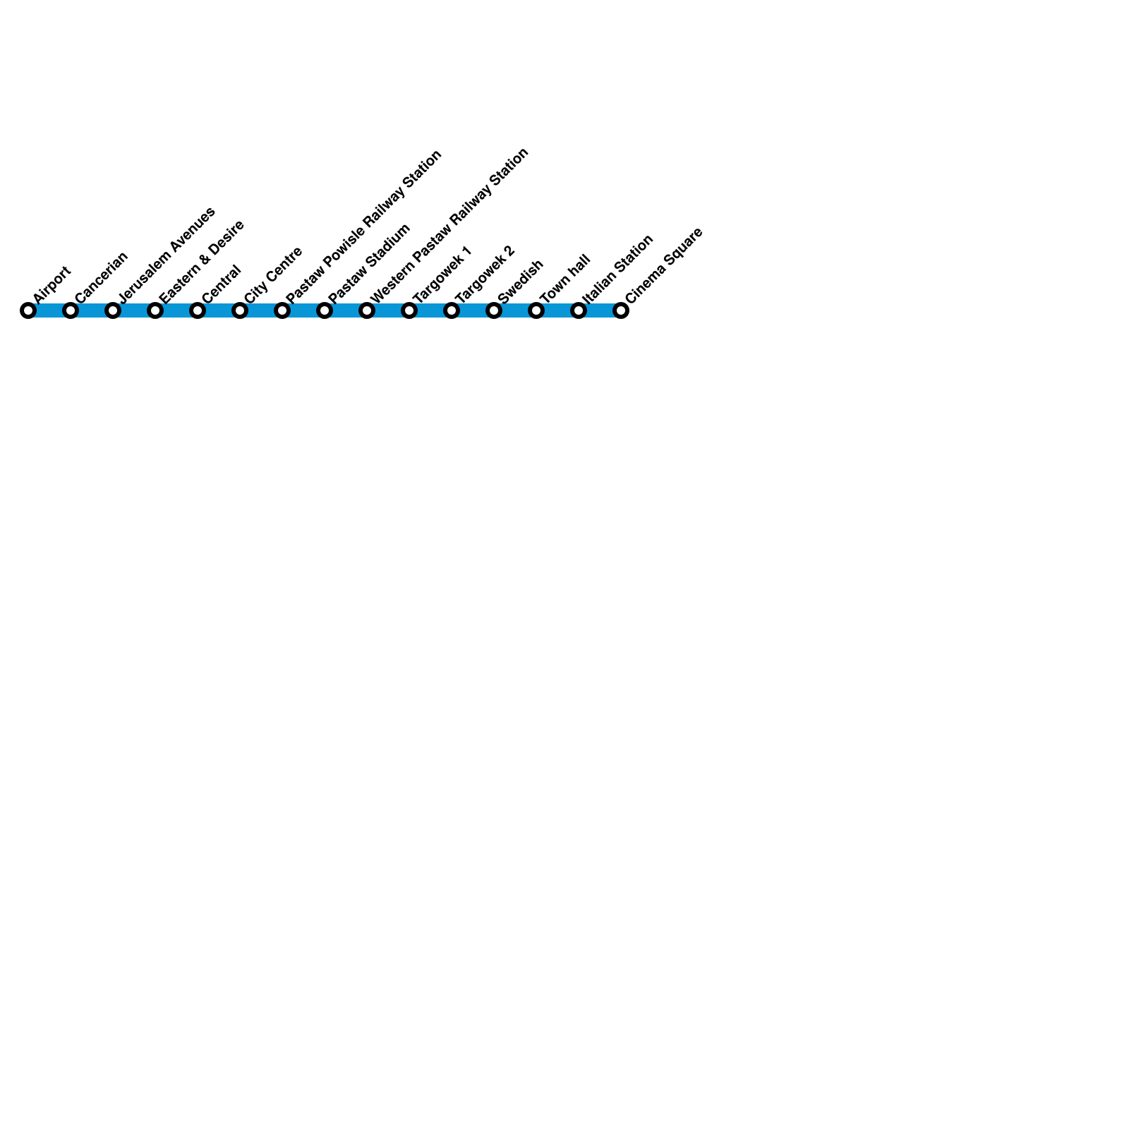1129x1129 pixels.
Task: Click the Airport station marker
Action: (28, 310)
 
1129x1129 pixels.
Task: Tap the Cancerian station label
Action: (102, 277)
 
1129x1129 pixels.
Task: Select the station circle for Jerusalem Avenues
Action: (113, 310)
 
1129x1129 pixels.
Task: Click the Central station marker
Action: (198, 310)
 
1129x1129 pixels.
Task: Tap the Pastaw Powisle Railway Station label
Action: (363, 227)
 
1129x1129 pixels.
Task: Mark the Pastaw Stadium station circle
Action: (325, 310)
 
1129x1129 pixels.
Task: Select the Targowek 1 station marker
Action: (409, 310)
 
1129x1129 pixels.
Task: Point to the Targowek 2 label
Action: (485, 275)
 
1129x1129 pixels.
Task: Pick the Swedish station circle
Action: (494, 310)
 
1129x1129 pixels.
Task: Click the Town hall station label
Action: (564, 279)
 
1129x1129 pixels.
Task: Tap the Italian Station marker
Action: (579, 310)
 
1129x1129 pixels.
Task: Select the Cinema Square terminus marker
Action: (621, 310)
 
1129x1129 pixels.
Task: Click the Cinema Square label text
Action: (664, 265)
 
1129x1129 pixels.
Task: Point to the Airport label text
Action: (52, 284)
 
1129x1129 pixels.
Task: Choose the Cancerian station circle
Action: (71, 310)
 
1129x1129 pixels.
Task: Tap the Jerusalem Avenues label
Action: (167, 255)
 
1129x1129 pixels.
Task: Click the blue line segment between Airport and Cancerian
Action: (49, 310)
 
